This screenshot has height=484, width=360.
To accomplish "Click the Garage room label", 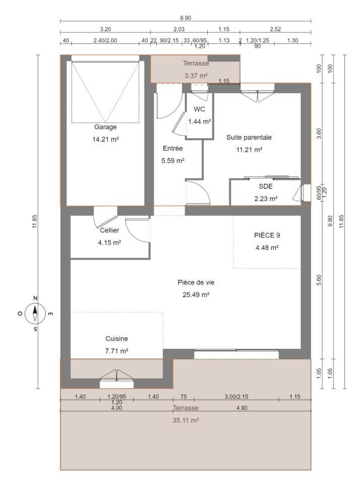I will tap(105, 127).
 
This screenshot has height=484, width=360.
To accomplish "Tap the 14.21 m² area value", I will tap(105, 139).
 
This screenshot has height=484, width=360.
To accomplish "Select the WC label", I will tap(199, 109).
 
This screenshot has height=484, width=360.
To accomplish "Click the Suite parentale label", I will tap(249, 137).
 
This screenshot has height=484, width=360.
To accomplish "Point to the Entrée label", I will tap(172, 148).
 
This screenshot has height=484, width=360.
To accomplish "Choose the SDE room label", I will tap(266, 186).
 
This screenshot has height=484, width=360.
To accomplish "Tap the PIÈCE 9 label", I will tap(267, 235).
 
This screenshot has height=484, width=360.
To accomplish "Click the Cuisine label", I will tap(116, 339).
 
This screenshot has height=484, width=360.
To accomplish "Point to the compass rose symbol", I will tap(35, 313).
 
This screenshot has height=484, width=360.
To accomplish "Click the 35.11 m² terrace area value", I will tap(186, 419).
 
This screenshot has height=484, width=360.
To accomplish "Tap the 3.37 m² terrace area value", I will tap(196, 76).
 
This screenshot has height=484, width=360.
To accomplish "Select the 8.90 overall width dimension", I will tap(186, 17).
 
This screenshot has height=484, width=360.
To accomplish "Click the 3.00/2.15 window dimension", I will tap(236, 397).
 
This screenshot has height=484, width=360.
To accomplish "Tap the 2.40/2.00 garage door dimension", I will tap(105, 40).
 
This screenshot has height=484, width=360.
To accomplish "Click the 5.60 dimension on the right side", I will tap(318, 280).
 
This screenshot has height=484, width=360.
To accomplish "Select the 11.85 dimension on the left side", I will tap(34, 221).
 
